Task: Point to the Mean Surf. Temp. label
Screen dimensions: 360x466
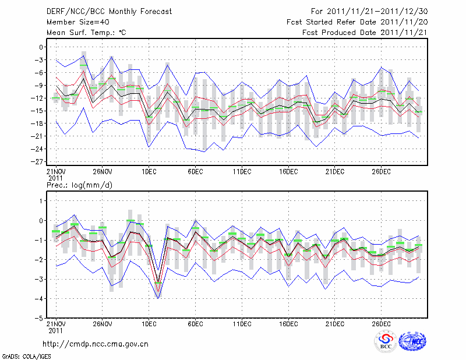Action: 86,33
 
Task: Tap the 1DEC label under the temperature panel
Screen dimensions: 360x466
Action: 149,171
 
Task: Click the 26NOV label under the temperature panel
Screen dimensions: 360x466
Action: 102,171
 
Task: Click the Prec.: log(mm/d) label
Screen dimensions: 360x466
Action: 78,185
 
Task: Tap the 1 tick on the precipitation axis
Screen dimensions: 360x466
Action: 41,201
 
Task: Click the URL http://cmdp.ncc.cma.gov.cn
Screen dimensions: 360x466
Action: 96,344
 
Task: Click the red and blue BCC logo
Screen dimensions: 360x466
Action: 386,342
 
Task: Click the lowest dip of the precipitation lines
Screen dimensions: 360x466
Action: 158,297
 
